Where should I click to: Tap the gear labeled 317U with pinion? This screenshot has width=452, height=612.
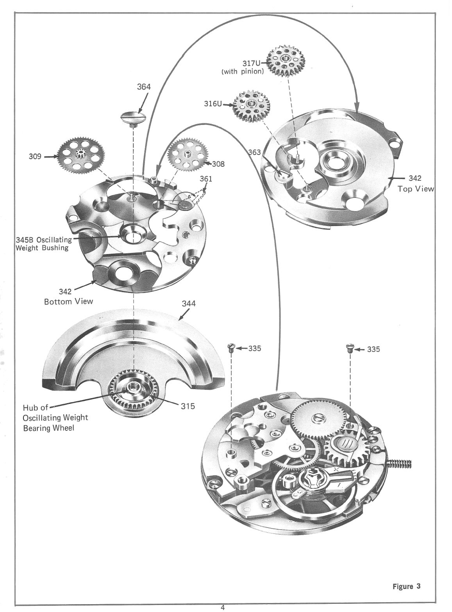tap(286, 60)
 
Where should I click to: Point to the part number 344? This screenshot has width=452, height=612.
tap(189, 303)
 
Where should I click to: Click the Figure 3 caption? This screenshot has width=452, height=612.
tap(406, 586)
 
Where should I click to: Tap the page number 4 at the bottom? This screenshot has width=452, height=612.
tap(223, 607)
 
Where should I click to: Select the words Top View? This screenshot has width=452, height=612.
tap(415, 189)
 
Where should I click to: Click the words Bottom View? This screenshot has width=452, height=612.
tap(68, 301)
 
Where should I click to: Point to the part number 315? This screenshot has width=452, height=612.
tap(188, 406)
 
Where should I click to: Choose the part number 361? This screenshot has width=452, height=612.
tap(206, 179)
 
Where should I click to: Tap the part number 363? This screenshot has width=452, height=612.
tap(254, 152)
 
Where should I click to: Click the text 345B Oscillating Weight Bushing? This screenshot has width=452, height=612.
tap(43, 244)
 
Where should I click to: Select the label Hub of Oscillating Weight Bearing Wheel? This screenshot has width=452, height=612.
tap(55, 418)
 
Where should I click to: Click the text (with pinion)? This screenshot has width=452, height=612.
tap(242, 72)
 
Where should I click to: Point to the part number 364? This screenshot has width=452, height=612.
tap(143, 87)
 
